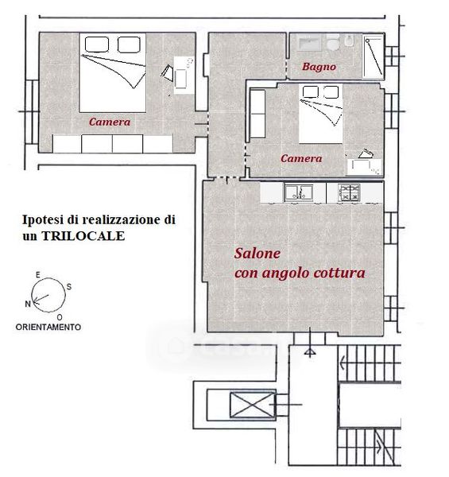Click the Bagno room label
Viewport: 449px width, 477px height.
coord(319,67)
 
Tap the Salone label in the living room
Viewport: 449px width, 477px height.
coord(257,254)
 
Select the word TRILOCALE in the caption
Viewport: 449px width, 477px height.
coord(83,236)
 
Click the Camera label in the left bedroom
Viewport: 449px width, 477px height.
coord(110,122)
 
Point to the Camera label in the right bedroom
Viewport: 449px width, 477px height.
coord(301,158)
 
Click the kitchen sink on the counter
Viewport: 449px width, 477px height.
coord(299,192)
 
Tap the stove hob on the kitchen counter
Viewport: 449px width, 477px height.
coord(350,192)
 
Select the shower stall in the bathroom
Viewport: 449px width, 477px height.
coord(374,56)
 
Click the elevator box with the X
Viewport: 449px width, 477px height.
coord(252,405)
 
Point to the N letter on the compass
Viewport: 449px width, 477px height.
coord(28,304)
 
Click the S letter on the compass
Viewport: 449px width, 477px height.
coord(69,286)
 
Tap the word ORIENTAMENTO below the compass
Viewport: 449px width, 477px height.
coord(48,328)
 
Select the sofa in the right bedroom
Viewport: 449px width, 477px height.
coord(257,114)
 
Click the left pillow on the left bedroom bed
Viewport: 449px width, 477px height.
coord(97,45)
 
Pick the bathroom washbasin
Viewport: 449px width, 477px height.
coord(308,42)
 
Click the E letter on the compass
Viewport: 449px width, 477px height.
coord(37,275)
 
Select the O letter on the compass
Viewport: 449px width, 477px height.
coord(60,317)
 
